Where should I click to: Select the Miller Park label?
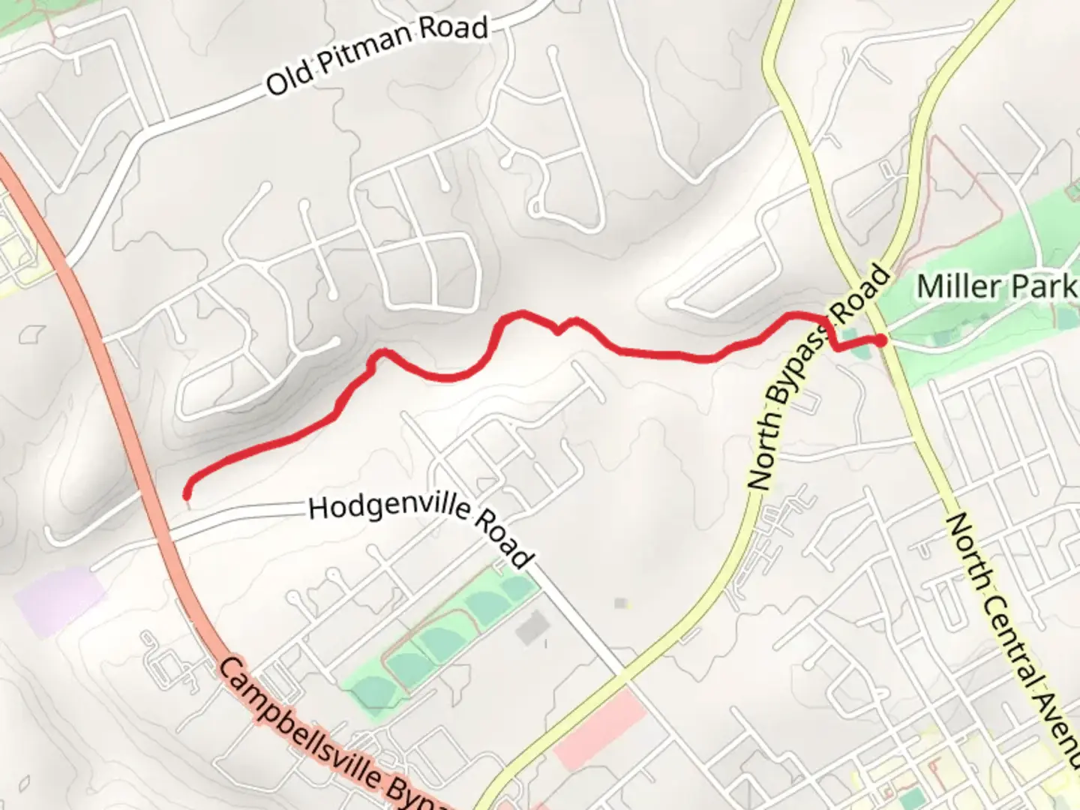(996, 286)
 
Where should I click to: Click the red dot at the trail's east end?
(882, 340)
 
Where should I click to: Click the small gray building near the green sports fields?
(533, 626)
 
